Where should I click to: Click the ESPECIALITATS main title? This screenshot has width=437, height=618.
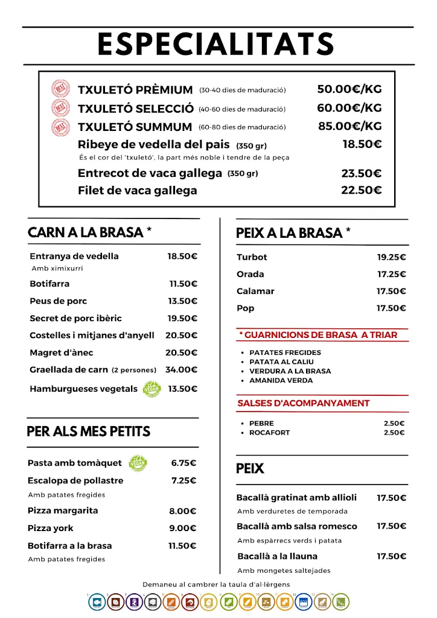[216, 45]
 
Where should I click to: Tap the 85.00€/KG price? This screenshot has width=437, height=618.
[350, 127]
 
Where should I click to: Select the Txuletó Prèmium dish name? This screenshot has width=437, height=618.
[135, 90]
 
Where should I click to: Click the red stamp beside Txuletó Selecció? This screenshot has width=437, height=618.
[61, 109]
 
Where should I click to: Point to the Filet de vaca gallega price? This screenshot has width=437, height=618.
[361, 190]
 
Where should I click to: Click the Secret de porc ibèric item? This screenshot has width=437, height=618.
[75, 318]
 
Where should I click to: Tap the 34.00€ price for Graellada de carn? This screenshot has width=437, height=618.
[182, 369]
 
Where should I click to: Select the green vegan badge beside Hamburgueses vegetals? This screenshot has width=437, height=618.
[152, 389]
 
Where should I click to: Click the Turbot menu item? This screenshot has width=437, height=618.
[252, 257]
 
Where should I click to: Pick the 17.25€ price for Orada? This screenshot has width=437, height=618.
[392, 274]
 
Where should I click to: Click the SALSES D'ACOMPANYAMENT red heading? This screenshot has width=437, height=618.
[304, 403]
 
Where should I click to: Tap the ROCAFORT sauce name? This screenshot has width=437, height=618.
[269, 433]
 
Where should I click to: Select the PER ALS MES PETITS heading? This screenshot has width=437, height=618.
[88, 432]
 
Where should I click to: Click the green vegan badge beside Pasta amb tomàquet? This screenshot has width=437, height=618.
[138, 463]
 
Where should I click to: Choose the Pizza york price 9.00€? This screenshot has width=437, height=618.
[182, 528]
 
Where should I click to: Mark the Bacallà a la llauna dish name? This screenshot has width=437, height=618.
[277, 556]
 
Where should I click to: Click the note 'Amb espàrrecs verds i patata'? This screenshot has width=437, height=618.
[289, 541]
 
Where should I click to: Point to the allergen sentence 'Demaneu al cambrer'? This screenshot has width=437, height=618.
[216, 584]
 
